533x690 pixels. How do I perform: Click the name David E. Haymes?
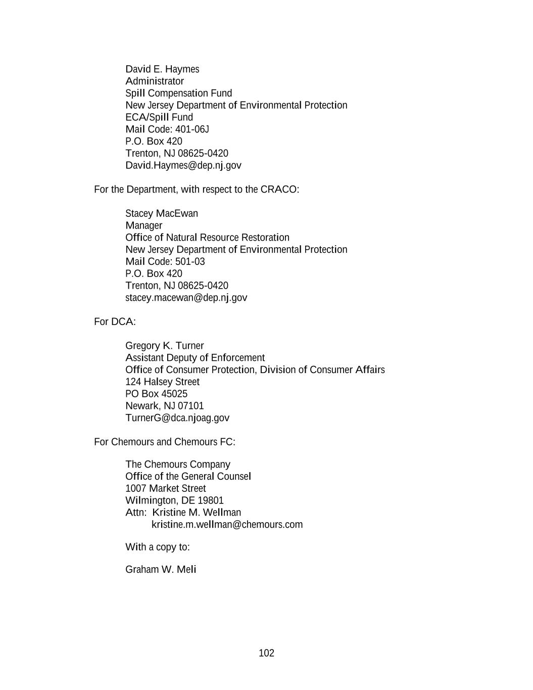162,69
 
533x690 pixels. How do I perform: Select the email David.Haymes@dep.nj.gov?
183,165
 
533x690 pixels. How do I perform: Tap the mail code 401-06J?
192,129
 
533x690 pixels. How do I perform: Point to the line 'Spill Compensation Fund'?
179,94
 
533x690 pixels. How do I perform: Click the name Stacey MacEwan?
162,213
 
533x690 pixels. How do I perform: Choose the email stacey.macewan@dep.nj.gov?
186,298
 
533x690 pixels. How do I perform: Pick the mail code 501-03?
190,262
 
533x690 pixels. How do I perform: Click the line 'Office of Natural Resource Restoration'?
207,238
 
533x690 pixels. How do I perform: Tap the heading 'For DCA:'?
115,321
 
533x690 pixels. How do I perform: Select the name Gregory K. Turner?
164,346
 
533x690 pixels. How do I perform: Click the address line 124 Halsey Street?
162,382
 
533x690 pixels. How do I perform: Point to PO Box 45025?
156,394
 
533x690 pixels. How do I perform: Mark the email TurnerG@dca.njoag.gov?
177,418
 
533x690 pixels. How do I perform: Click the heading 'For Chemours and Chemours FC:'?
165,442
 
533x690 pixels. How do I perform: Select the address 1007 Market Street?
166,488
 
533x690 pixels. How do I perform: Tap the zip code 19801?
211,500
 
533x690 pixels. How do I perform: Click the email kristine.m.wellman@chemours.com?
227,525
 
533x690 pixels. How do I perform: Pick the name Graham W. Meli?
161,570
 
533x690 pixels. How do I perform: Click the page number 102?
266,653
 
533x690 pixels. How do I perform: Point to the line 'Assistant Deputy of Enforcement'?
195,358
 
